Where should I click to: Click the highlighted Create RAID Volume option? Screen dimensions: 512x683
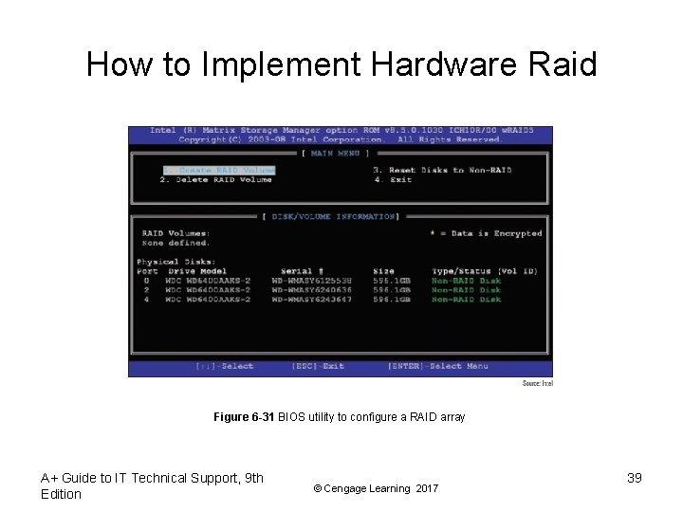pyautogui.click(x=217, y=171)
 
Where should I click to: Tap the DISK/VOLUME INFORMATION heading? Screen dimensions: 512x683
pyautogui.click(x=333, y=217)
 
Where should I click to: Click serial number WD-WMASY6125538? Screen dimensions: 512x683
pyautogui.click(x=311, y=281)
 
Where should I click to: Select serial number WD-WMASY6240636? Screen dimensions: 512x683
pyautogui.click(x=311, y=290)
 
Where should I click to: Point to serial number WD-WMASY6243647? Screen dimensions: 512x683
pyautogui.click(x=311, y=300)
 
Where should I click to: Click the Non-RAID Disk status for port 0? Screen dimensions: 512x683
pyautogui.click(x=466, y=281)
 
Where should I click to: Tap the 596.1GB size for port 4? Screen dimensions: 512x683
pyautogui.click(x=391, y=300)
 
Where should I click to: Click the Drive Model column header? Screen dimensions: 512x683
pyautogui.click(x=197, y=271)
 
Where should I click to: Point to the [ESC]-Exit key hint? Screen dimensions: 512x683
pyautogui.click(x=318, y=366)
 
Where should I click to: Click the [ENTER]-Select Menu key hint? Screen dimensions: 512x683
pyautogui.click(x=437, y=366)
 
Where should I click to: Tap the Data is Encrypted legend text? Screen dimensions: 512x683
pyautogui.click(x=490, y=233)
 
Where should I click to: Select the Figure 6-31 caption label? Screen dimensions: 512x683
pyautogui.click(x=244, y=417)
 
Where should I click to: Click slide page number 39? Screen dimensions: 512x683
pyautogui.click(x=634, y=478)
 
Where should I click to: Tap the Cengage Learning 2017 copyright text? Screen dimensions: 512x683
pyautogui.click(x=376, y=488)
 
